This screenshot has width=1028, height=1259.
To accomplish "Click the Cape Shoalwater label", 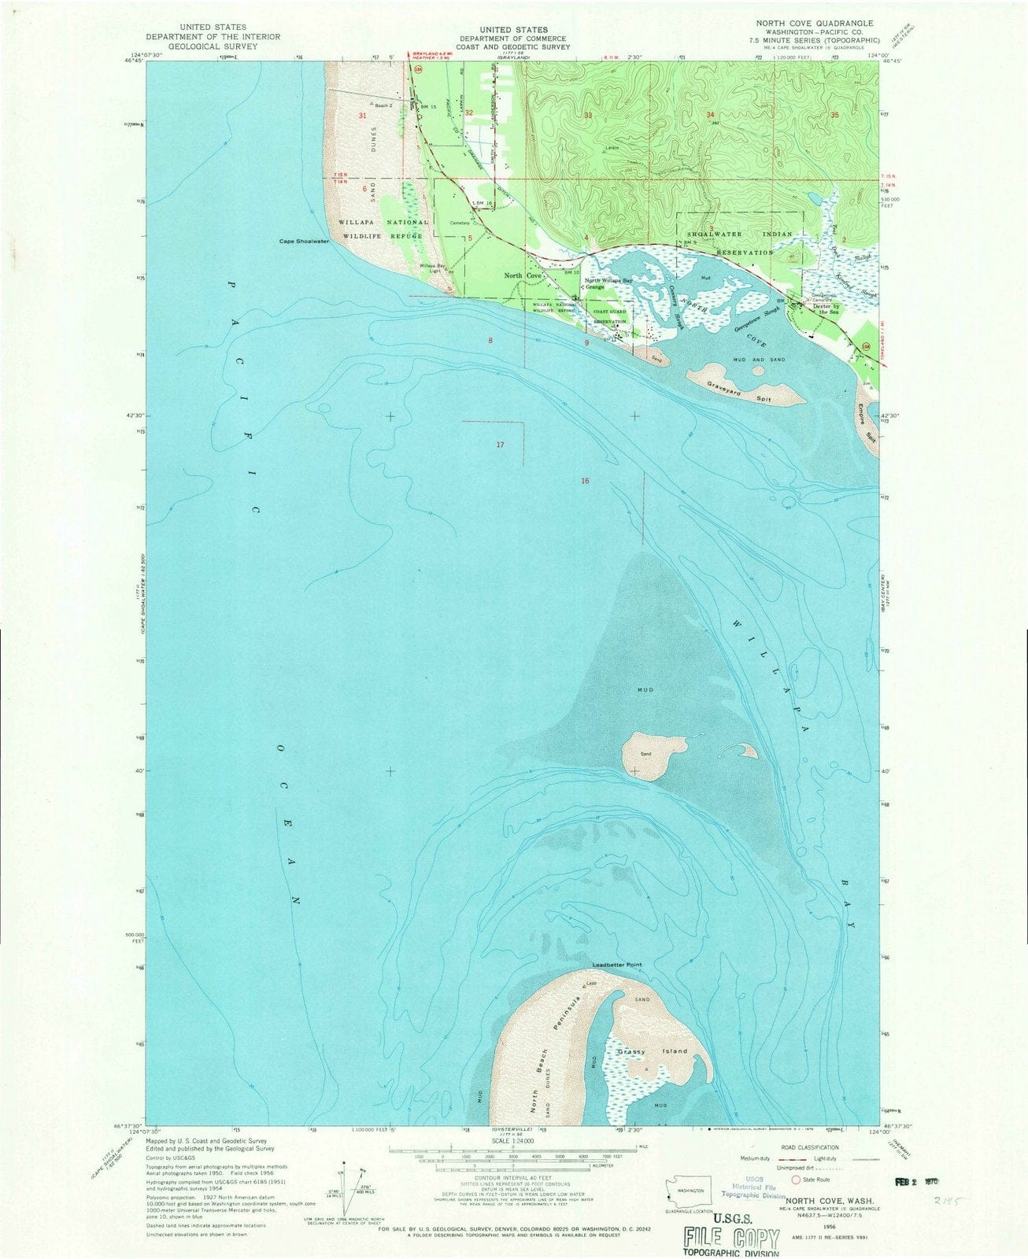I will (304, 242).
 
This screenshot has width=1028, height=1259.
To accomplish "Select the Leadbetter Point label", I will (617, 965).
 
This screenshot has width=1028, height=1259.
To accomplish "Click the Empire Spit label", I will (867, 425).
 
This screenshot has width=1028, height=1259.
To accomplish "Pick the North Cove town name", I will (523, 276).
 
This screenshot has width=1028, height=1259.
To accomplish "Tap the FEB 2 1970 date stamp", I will (912, 1181).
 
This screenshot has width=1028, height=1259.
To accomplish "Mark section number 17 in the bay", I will (500, 445).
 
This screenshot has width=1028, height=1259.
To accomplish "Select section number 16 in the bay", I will (585, 480).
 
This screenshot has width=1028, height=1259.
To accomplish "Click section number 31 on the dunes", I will (363, 116).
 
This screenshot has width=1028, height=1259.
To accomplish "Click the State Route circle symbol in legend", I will (796, 1180).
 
